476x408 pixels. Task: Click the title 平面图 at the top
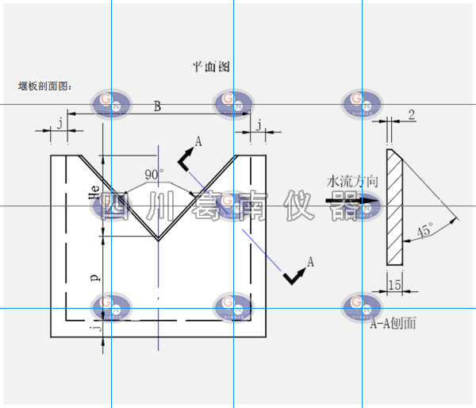pos(211,67)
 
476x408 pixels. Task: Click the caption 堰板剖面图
pos(44,85)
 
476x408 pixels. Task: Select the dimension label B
pos(157,107)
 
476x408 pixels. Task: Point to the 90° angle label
pos(154,174)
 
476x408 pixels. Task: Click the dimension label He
pos(94,191)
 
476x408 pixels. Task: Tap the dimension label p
pos(94,278)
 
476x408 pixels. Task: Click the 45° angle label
pos(424,231)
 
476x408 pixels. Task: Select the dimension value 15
pos(394,283)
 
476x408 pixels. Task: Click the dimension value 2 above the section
pos(411,115)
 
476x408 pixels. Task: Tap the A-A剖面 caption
pos(393,324)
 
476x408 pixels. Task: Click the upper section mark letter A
pos(198,140)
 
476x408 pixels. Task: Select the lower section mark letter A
pos(310,260)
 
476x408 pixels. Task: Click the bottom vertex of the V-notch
pos(158,238)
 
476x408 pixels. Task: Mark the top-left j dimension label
pos(59,122)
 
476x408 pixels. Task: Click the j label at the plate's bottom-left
pos(94,325)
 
